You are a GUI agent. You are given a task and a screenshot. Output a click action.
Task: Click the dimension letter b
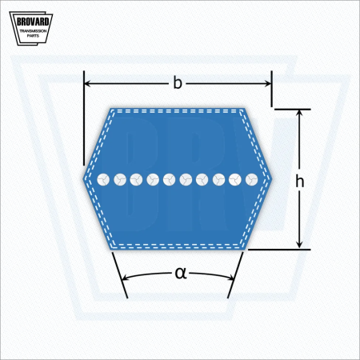178,83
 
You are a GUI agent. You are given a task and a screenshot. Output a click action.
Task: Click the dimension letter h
300,182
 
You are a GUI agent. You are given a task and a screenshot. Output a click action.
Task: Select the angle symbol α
181,274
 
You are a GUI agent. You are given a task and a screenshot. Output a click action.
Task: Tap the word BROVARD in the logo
33,22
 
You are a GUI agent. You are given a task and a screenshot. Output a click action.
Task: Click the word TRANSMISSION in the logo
33,31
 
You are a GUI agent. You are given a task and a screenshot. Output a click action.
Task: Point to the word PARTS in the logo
33,36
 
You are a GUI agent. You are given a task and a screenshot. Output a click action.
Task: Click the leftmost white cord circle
103,179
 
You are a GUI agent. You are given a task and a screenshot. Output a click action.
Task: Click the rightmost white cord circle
251,179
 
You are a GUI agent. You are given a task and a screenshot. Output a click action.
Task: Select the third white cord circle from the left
136,179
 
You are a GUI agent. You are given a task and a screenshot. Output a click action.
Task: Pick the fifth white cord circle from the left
170,179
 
